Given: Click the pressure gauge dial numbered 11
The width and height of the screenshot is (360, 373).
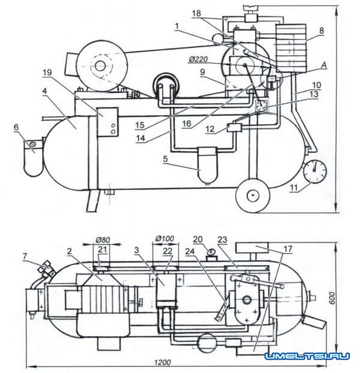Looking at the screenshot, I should [x=314, y=172].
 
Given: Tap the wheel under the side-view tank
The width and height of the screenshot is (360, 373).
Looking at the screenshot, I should [x=253, y=196].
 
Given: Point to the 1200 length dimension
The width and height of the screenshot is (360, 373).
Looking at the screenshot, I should [x=161, y=363].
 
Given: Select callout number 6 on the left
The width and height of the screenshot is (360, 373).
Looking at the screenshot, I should [x=17, y=128].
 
